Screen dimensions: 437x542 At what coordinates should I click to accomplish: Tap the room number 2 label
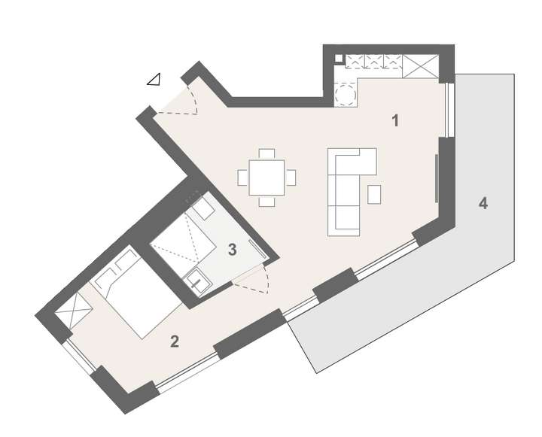(175, 341)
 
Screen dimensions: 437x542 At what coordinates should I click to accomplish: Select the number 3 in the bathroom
(233, 250)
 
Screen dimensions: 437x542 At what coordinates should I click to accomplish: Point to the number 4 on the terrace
(483, 203)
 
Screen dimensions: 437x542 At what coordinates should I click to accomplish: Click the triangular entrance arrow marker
(154, 79)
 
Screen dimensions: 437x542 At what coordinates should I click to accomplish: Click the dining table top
(267, 178)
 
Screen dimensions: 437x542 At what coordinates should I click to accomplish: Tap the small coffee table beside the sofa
(374, 194)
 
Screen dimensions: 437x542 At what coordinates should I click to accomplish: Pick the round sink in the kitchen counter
(346, 95)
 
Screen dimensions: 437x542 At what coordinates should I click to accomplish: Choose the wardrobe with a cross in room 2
(74, 311)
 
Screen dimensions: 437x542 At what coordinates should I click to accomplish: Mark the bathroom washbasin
(199, 282)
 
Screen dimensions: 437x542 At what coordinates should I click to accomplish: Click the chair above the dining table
(267, 154)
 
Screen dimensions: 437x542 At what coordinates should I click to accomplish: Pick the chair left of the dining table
(243, 178)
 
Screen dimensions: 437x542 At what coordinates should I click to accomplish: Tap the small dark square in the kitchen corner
(339, 59)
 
